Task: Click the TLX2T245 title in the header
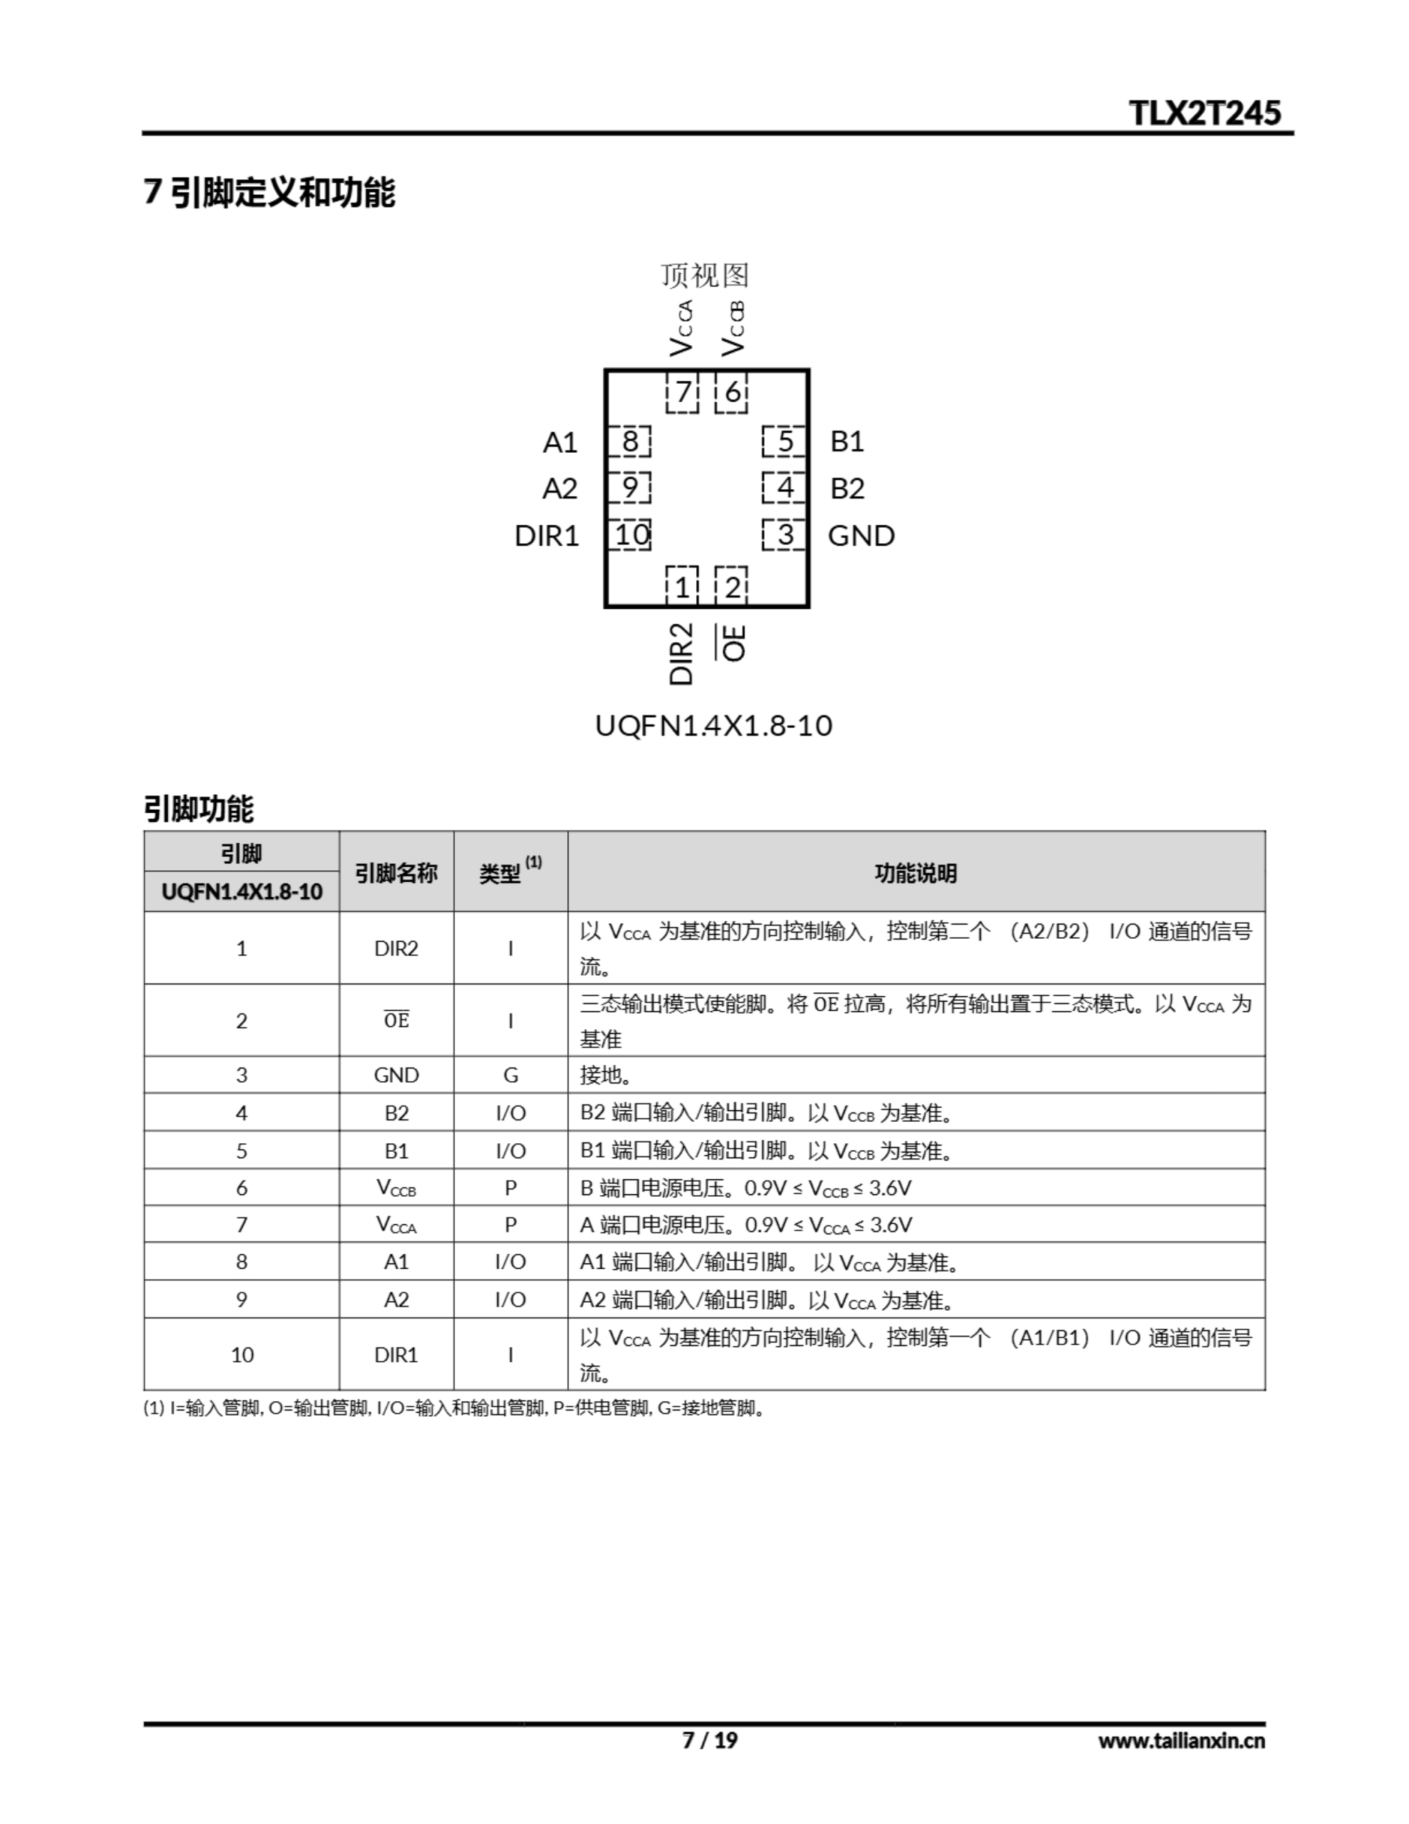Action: [x=1204, y=113]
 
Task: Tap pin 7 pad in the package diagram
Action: [x=682, y=392]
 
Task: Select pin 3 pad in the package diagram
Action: [x=784, y=534]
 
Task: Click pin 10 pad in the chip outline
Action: [x=630, y=534]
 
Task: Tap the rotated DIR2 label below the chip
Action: [x=682, y=653]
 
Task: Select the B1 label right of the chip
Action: [x=847, y=441]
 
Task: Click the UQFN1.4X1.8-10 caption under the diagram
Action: [x=713, y=725]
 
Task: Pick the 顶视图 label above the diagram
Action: [x=705, y=275]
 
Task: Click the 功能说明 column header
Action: [x=915, y=874]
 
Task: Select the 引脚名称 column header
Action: [x=396, y=874]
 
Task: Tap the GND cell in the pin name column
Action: [x=396, y=1075]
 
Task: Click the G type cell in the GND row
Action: [x=510, y=1075]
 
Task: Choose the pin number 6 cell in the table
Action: [x=241, y=1188]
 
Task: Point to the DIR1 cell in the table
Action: [x=396, y=1354]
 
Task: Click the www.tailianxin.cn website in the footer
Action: [x=1181, y=1741]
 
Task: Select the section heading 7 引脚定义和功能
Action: [x=269, y=192]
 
